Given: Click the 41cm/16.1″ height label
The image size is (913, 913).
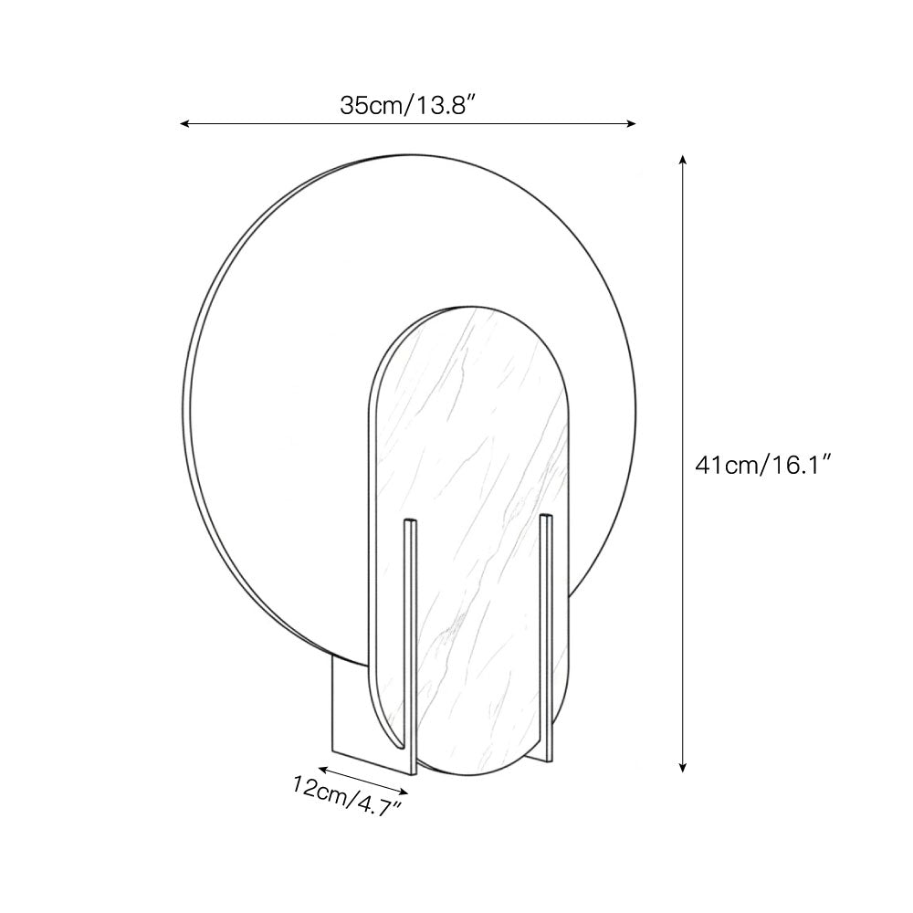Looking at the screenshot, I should (762, 465).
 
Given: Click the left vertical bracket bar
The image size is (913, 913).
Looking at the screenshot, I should (411, 639).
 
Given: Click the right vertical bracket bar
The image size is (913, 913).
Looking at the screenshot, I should (546, 630).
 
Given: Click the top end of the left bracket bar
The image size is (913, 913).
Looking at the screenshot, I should (411, 525).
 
